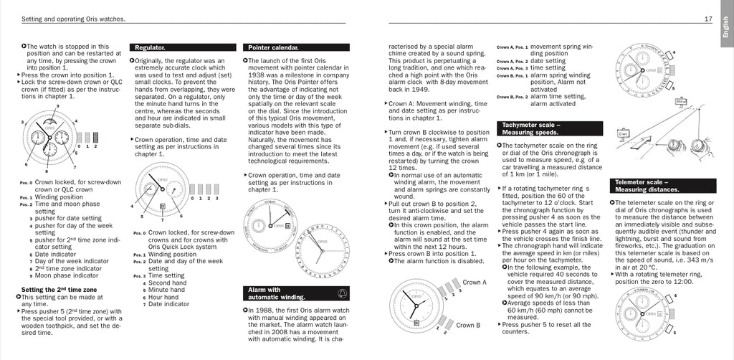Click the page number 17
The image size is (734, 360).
click(x=707, y=19)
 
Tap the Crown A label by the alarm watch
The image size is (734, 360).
click(x=474, y=283)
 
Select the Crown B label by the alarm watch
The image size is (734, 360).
click(x=467, y=325)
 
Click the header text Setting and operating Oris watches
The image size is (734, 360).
click(x=64, y=19)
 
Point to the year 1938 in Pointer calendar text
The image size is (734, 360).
click(x=256, y=75)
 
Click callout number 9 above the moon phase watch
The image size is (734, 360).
click(x=57, y=106)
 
